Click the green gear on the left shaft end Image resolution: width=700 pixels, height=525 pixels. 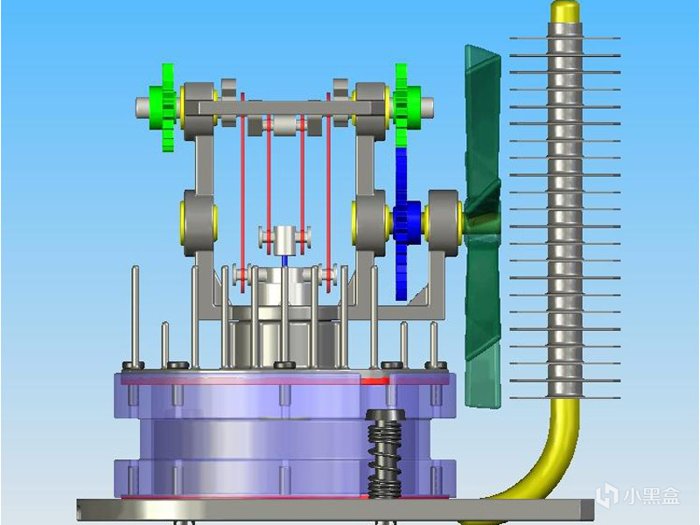164,107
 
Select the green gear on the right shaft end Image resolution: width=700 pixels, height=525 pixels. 404,105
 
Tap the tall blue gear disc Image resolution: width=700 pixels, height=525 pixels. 402,223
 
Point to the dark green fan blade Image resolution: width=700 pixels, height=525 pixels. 482,226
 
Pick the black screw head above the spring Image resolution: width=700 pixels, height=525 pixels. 385,414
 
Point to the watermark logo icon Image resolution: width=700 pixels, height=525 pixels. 607,495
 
